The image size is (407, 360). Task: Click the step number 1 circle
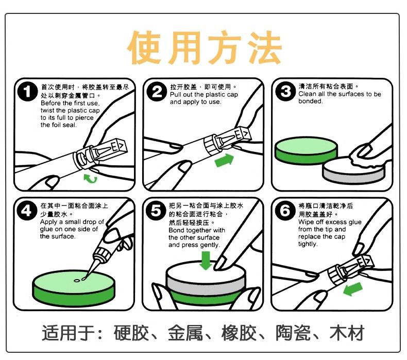coord(27,92)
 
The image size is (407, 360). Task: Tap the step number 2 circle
coord(157,92)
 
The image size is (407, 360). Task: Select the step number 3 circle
coord(285,91)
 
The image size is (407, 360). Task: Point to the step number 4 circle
coord(27,211)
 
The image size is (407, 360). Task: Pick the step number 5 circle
coord(156,211)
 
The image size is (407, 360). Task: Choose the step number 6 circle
coord(285,211)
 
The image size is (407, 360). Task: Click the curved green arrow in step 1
coord(90,179)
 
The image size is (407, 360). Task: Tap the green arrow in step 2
coord(225,160)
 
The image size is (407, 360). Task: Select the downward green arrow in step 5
coord(206,260)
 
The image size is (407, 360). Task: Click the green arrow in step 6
coord(353,288)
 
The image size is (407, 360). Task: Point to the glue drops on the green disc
coord(80,280)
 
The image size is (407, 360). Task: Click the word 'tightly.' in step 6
coord(308,244)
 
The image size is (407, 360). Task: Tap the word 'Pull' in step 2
coord(175,95)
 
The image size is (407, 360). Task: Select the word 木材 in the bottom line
coord(347,333)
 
